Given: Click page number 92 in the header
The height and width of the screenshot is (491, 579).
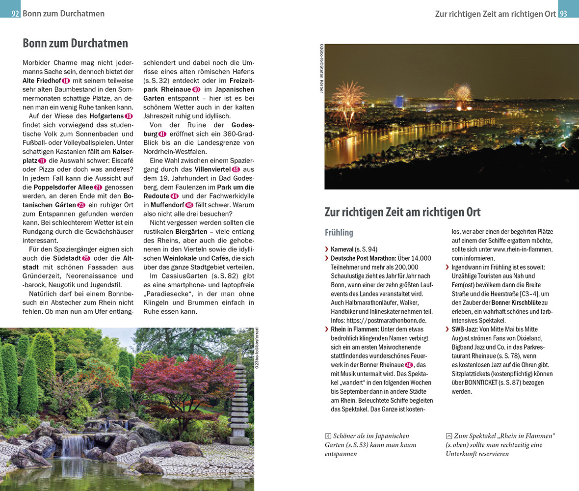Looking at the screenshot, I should [15, 14].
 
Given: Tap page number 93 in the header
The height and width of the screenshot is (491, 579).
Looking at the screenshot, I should [563, 14].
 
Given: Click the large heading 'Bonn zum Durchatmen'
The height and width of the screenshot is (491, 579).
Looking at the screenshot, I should [75, 43].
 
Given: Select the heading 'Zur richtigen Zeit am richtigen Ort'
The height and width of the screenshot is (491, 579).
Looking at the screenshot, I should [402, 212].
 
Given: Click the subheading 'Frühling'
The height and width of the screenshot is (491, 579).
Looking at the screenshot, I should [339, 232].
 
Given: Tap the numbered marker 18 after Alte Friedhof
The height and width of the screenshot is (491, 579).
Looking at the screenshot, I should [66, 81].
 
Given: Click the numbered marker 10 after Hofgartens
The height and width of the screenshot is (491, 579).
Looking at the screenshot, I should [129, 116].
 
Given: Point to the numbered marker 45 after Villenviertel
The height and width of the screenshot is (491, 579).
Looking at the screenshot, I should [235, 169].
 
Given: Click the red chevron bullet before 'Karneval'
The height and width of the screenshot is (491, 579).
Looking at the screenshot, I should [327, 249].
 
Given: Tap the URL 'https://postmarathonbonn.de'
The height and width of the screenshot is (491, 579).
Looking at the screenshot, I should [390, 320].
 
